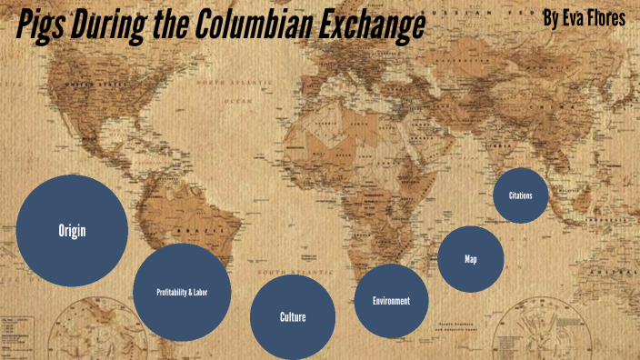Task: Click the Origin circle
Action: click(x=72, y=230)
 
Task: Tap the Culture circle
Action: click(x=293, y=317)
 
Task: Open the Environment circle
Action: click(x=391, y=301)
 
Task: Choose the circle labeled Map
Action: click(x=470, y=259)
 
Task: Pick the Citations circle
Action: click(x=521, y=195)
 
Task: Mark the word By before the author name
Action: click(x=549, y=17)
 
